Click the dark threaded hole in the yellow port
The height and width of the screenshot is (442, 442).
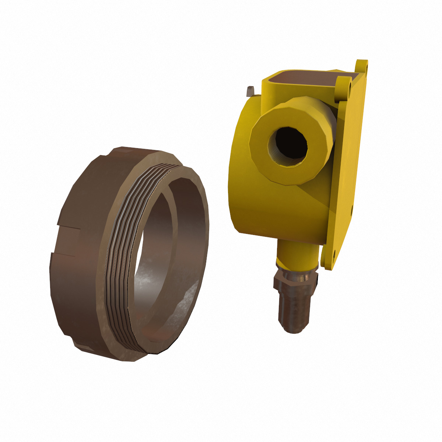[288, 147]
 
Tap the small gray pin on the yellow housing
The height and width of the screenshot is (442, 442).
[251, 90]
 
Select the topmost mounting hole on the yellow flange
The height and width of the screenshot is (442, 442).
[365, 66]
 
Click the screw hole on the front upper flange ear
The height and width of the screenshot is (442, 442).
[348, 87]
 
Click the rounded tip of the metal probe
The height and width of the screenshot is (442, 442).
[295, 328]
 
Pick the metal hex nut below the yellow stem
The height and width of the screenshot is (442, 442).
[295, 278]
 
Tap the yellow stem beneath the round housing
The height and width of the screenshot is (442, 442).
[297, 254]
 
